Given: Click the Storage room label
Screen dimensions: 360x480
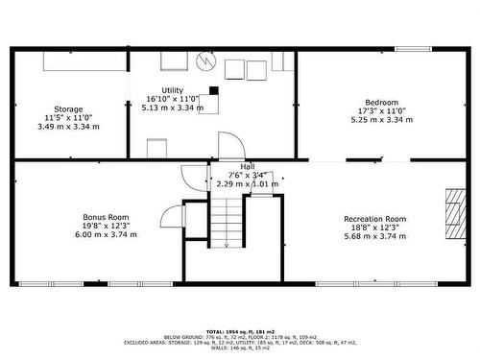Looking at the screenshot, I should point(68,108).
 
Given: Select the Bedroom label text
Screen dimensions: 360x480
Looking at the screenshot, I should point(381,102).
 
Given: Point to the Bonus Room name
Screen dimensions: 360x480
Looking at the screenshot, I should point(102,217).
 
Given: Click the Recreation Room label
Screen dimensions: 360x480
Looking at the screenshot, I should point(375,219).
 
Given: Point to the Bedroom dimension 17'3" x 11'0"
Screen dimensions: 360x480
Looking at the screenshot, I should point(381,111).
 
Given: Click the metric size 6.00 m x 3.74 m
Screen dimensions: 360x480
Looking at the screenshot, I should point(102,234).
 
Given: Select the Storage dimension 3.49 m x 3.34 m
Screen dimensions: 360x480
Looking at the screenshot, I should point(68,127).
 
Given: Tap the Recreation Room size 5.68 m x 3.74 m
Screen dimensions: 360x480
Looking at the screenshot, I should point(375,236).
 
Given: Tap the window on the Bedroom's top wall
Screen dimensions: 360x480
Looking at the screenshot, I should point(413,49).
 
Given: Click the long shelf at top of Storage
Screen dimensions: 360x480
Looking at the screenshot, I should point(85,60).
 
